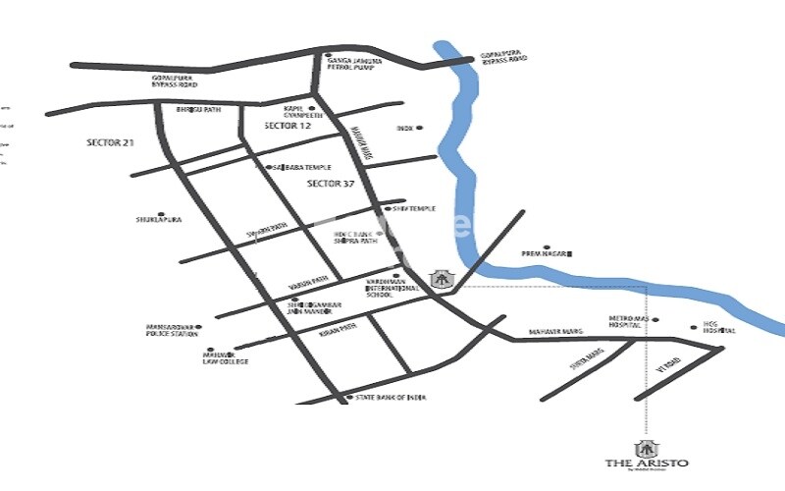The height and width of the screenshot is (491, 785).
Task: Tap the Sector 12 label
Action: (288, 128)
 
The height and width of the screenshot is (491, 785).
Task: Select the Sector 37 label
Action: (331, 184)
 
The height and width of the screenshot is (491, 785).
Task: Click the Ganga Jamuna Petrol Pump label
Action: (354, 65)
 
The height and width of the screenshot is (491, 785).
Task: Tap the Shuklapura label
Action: (157, 220)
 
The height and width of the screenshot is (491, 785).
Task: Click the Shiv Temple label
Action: (414, 208)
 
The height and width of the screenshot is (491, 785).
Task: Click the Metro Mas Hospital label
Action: (631, 325)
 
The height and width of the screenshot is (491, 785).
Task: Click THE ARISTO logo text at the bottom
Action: (646, 463)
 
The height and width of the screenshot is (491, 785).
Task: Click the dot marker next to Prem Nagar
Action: (547, 247)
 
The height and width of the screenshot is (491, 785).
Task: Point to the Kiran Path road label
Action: (337, 333)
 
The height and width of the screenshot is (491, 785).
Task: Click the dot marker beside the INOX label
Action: (420, 128)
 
